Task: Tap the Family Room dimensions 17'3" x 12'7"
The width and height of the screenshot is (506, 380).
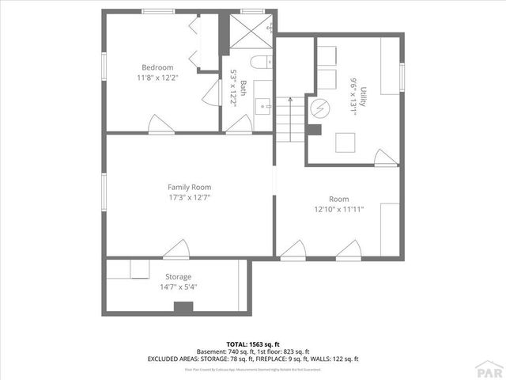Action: [x=188, y=197]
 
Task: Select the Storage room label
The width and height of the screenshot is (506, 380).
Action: [x=178, y=276]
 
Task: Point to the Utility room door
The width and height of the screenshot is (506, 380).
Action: [x=385, y=158]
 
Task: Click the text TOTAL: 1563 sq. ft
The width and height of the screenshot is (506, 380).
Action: [x=253, y=344]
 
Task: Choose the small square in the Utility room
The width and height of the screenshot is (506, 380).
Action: [x=346, y=142]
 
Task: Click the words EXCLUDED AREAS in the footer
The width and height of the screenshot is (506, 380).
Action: [x=171, y=359]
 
